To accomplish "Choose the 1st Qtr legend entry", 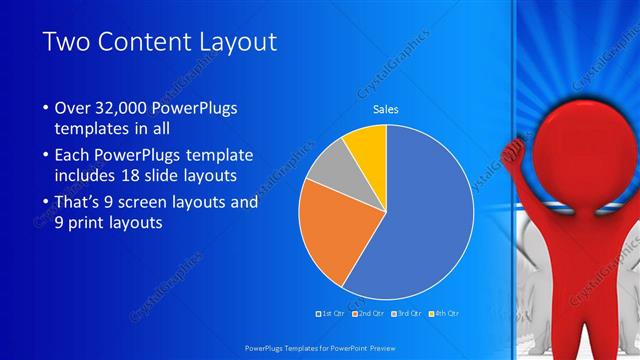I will point(331,314).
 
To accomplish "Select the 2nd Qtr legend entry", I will point(371,314).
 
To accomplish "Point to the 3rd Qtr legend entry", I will point(408,314).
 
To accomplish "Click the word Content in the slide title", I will point(141,42).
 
